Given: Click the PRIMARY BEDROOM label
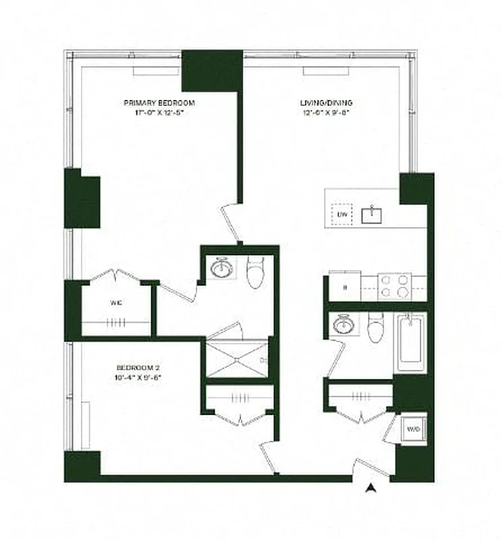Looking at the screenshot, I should coord(159,103).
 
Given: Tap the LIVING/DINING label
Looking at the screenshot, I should coord(326,103).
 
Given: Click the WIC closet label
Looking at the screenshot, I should coord(116,302).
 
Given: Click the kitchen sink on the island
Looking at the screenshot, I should coord(372,215).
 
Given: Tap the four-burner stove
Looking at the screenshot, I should coord(394,286).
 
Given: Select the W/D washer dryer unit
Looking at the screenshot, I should coord(413,429).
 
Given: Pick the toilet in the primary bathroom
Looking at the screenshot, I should coord(255,272).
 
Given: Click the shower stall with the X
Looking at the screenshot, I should coord(236,359).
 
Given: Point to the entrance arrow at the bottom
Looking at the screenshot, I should coord(369,489).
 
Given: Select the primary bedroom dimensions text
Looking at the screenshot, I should coord(159,113).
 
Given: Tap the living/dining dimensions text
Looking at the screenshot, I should coord(326,113).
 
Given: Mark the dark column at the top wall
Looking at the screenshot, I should coord(211,70).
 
